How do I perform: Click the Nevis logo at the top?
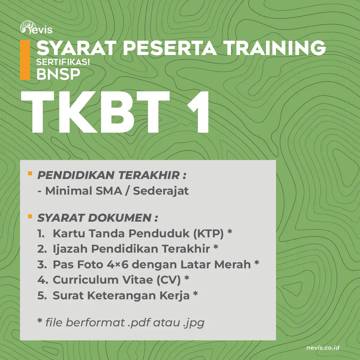pos(36,28)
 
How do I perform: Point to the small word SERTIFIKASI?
pos(63,62)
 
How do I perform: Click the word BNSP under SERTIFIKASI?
pos(58,74)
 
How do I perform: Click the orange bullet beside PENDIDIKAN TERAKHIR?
pos(30,173)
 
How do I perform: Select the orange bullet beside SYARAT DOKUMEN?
pos(30,216)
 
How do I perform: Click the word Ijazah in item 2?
pos(70,249)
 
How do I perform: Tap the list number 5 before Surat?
pos(42,295)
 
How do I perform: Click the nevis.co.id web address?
pos(323,348)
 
